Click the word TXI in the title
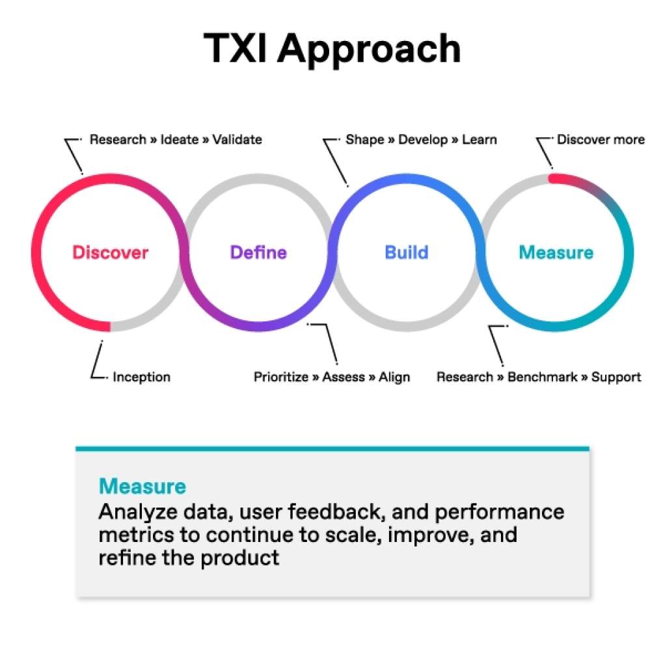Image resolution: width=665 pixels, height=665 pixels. point(236,49)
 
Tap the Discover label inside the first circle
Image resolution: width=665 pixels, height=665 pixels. point(110,252)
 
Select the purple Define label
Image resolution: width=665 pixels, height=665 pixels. point(258,252)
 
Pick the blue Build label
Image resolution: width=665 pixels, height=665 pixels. point(407,252)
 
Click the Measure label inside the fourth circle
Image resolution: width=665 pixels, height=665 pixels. point(556,252)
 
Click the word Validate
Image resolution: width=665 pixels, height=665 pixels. point(237,139)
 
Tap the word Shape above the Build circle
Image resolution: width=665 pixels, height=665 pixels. point(364,139)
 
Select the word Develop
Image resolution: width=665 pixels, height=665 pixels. point(423,139)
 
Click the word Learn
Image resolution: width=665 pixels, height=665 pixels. point(480,139)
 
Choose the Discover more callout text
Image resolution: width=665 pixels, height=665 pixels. point(601,139)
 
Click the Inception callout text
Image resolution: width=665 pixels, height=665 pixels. point(141,377)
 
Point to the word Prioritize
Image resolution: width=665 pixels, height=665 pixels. point(281,377)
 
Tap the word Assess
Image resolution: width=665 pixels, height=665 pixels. point(344,377)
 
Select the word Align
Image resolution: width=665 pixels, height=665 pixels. point(394,377)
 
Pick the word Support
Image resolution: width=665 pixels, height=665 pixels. point(616,377)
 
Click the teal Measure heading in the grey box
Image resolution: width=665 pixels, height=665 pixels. point(142,486)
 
